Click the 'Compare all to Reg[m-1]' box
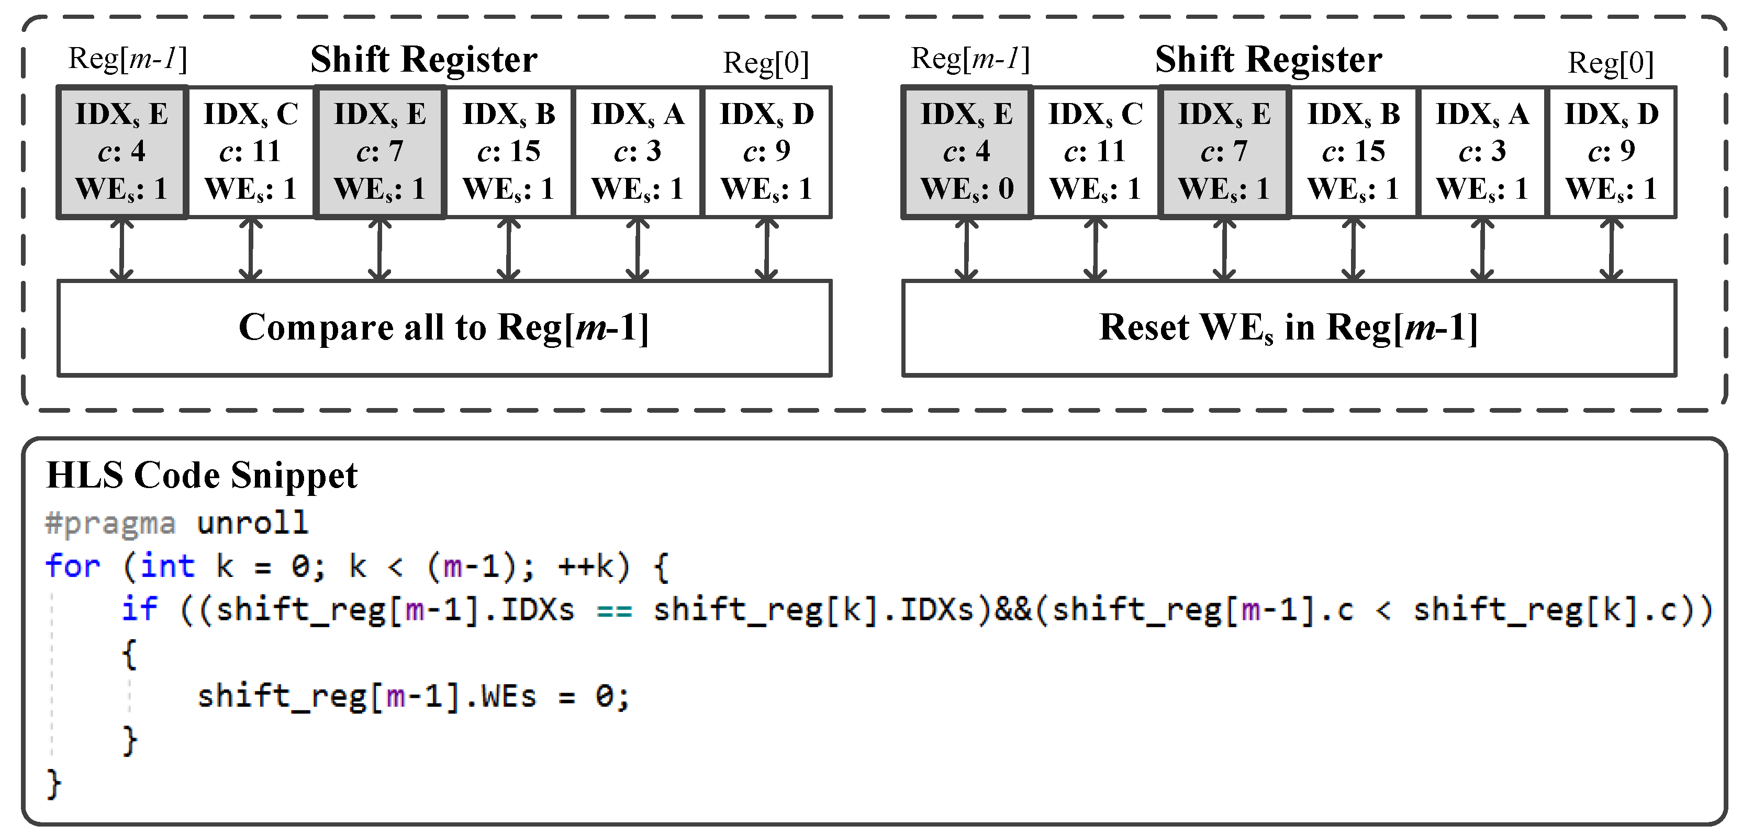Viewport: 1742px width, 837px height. (x=444, y=328)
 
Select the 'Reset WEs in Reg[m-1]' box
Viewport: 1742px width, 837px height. (x=1289, y=328)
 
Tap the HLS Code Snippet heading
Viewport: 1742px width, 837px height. (x=202, y=476)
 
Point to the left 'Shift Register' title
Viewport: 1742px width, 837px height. (x=424, y=60)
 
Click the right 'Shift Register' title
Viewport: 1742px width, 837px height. (x=1269, y=60)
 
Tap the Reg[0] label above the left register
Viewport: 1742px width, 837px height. (x=765, y=63)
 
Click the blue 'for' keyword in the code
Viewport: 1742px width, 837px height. (x=72, y=566)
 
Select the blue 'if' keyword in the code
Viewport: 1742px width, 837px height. (x=139, y=609)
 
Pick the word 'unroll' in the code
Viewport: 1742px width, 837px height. (x=252, y=523)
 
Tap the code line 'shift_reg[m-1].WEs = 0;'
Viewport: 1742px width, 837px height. (x=412, y=696)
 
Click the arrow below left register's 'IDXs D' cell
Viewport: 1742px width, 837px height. (x=766, y=250)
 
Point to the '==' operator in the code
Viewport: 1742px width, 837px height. (x=615, y=611)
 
